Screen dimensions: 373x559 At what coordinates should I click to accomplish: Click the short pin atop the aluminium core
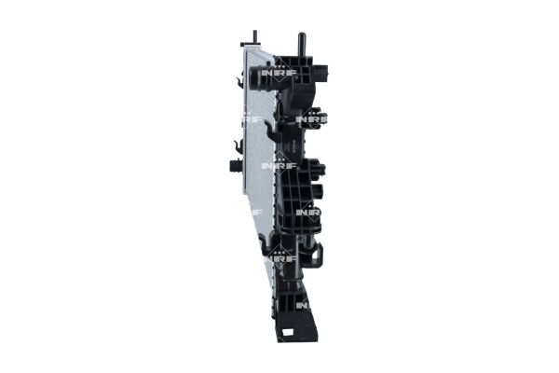[x=253, y=37]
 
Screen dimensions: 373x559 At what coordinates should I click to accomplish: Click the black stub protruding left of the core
[x=234, y=166]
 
